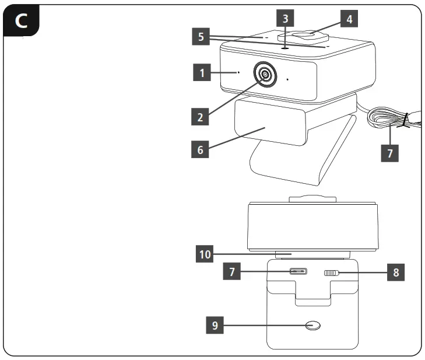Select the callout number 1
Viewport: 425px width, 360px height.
(201, 74)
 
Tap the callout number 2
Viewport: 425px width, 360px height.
(200, 117)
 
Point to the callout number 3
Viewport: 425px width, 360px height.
(284, 19)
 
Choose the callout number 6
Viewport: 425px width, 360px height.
(200, 149)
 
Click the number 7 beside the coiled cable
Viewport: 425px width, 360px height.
(390, 153)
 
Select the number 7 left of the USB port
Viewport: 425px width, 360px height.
(231, 272)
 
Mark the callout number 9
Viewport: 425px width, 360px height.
(215, 326)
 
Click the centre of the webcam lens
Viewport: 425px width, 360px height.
(265, 74)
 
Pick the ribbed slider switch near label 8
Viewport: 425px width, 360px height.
(332, 273)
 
